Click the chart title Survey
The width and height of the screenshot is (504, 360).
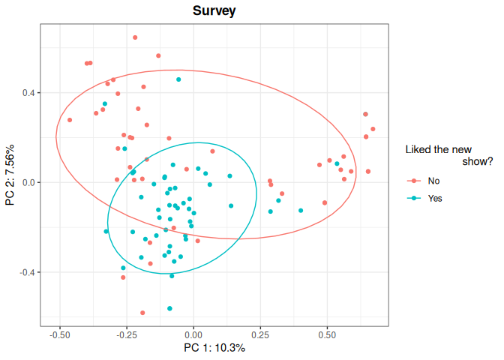(x=214, y=11)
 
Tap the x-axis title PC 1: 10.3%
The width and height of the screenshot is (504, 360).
(x=214, y=348)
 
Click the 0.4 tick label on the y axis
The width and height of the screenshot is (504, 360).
(x=28, y=93)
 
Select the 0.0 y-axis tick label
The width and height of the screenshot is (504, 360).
(x=28, y=182)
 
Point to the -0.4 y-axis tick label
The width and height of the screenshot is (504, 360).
(x=27, y=272)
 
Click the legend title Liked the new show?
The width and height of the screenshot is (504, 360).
(x=448, y=155)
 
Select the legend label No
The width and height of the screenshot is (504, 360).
(x=433, y=181)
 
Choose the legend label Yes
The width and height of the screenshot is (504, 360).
(x=435, y=199)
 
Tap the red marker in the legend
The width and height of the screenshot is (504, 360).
(x=413, y=181)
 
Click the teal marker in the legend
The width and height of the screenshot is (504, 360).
(x=413, y=199)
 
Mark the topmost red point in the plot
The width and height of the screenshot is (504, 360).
(x=135, y=37)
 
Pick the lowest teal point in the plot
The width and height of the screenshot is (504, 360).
(x=169, y=308)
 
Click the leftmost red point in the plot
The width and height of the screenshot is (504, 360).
(x=70, y=120)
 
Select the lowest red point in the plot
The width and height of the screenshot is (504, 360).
(x=142, y=313)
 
